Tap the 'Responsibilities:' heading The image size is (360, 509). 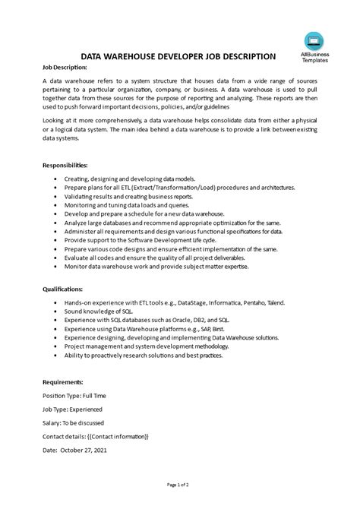pos(66,164)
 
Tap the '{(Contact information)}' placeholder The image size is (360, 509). pos(113,436)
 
